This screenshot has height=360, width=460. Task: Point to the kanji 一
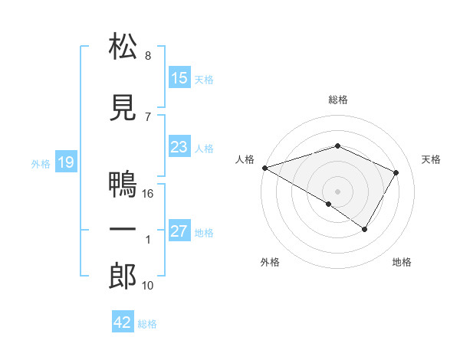[x=123, y=231]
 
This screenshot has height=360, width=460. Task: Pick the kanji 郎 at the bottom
[x=123, y=277]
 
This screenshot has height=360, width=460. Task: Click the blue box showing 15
[x=179, y=78]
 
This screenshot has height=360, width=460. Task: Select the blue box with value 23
[x=179, y=148]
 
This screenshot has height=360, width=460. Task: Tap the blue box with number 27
[x=179, y=232]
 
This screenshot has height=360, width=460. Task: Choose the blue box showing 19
[x=65, y=162]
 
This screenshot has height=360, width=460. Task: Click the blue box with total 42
[x=123, y=322]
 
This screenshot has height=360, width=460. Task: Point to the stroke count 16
[x=149, y=194]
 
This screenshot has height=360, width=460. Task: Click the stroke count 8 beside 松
[x=148, y=56]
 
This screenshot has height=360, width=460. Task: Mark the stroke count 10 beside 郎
[x=148, y=286]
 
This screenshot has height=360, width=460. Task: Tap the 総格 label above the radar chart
[x=337, y=100]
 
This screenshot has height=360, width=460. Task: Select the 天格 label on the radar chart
[x=432, y=159]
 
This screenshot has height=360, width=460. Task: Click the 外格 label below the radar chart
[x=270, y=263]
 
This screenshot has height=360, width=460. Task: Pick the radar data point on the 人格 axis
[x=264, y=168]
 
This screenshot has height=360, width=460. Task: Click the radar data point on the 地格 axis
[x=365, y=229]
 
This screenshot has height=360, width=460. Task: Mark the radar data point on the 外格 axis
[x=329, y=204]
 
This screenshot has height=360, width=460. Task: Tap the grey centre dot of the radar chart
[x=337, y=191]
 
